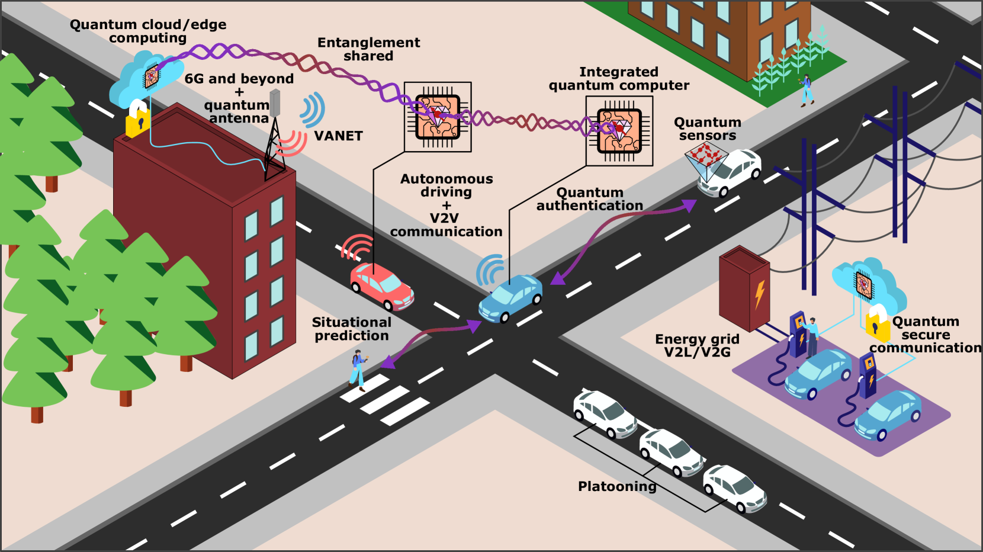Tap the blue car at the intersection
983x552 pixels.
click(510, 298)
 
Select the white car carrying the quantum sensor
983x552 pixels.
click(731, 172)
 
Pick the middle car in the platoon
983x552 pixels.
click(671, 452)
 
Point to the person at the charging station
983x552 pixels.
click(812, 336)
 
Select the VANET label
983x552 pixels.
click(338, 136)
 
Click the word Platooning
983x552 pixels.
click(617, 486)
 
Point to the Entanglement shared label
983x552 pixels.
click(368, 49)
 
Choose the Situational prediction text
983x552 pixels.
click(352, 329)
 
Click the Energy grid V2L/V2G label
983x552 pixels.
click(697, 345)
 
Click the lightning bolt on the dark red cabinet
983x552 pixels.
click(759, 294)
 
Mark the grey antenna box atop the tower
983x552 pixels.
click(275, 103)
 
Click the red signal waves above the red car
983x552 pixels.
click(358, 247)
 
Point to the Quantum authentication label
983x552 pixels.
click(590, 199)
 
